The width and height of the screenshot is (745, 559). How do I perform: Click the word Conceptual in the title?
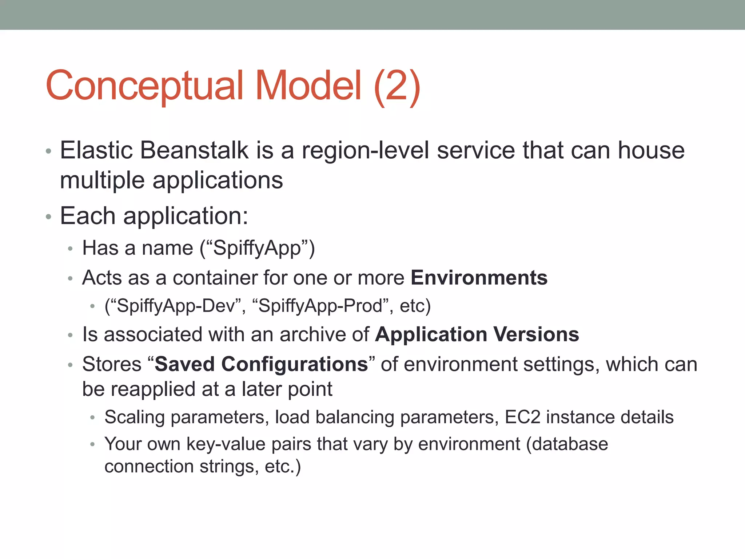(144, 86)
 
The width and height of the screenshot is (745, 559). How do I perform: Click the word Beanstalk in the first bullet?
(194, 150)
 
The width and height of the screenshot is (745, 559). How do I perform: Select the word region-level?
(366, 150)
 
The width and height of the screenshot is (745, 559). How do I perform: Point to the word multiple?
(102, 180)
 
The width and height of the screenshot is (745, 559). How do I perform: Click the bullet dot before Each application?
(48, 217)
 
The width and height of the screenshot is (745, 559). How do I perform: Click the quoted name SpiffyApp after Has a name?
(257, 249)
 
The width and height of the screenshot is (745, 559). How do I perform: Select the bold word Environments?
(479, 278)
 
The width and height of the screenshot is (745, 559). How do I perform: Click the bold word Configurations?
(295, 364)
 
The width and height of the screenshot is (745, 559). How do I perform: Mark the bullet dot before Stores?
(70, 365)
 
